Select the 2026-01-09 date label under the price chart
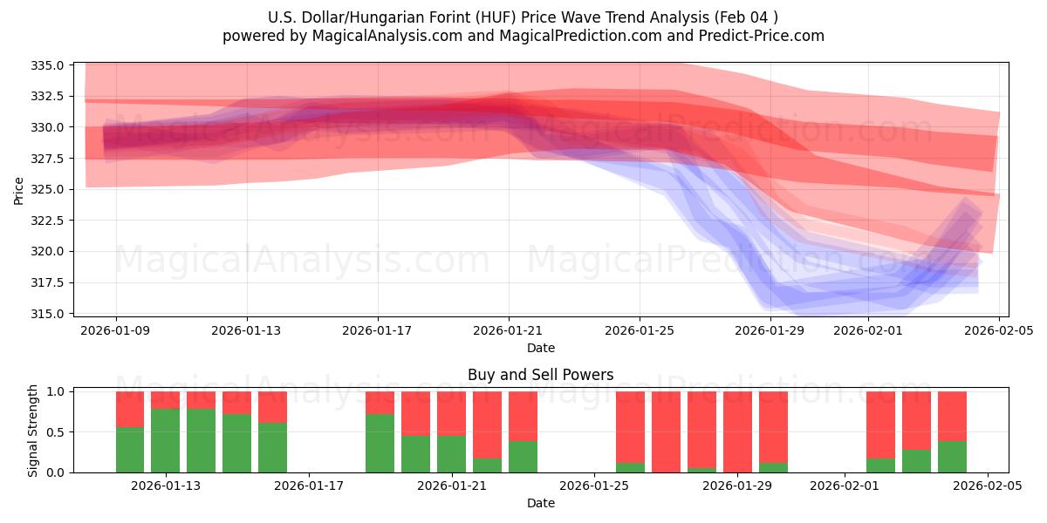pos(116,330)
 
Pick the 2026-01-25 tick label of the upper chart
pos(640,330)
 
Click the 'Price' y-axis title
pos(19,189)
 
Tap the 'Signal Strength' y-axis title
pos(33,430)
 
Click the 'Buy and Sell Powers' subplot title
pos(540,376)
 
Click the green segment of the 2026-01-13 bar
pos(166,440)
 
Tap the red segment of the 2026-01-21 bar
pos(451,413)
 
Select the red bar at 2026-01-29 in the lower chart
pos(737,431)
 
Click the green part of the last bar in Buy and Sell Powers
pos(952,457)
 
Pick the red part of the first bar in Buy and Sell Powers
pos(130,409)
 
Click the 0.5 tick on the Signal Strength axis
pos(58,432)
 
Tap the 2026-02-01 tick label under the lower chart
pos(845,486)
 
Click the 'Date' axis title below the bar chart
pos(540,503)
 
